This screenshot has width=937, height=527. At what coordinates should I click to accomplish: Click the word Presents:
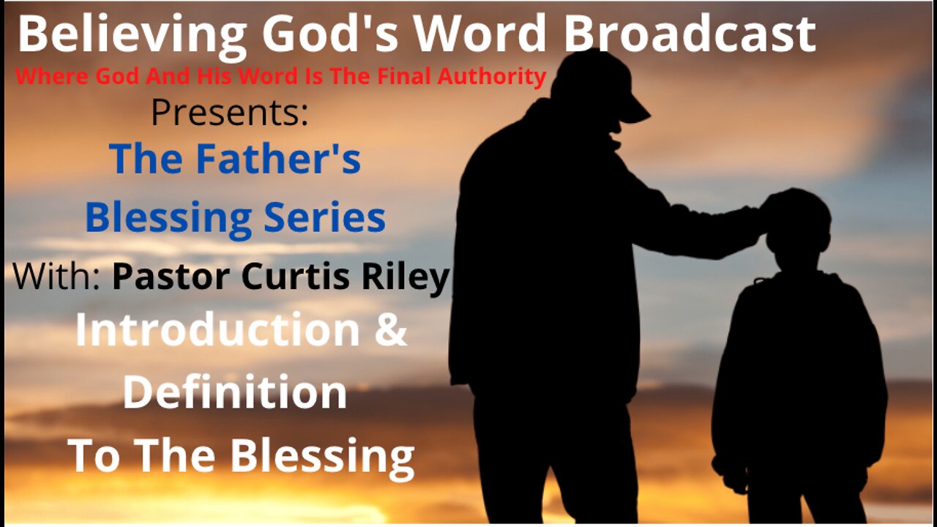tap(230, 113)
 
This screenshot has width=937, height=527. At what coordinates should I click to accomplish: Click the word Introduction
tap(217, 330)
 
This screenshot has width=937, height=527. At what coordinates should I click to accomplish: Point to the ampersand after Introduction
tap(392, 330)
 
